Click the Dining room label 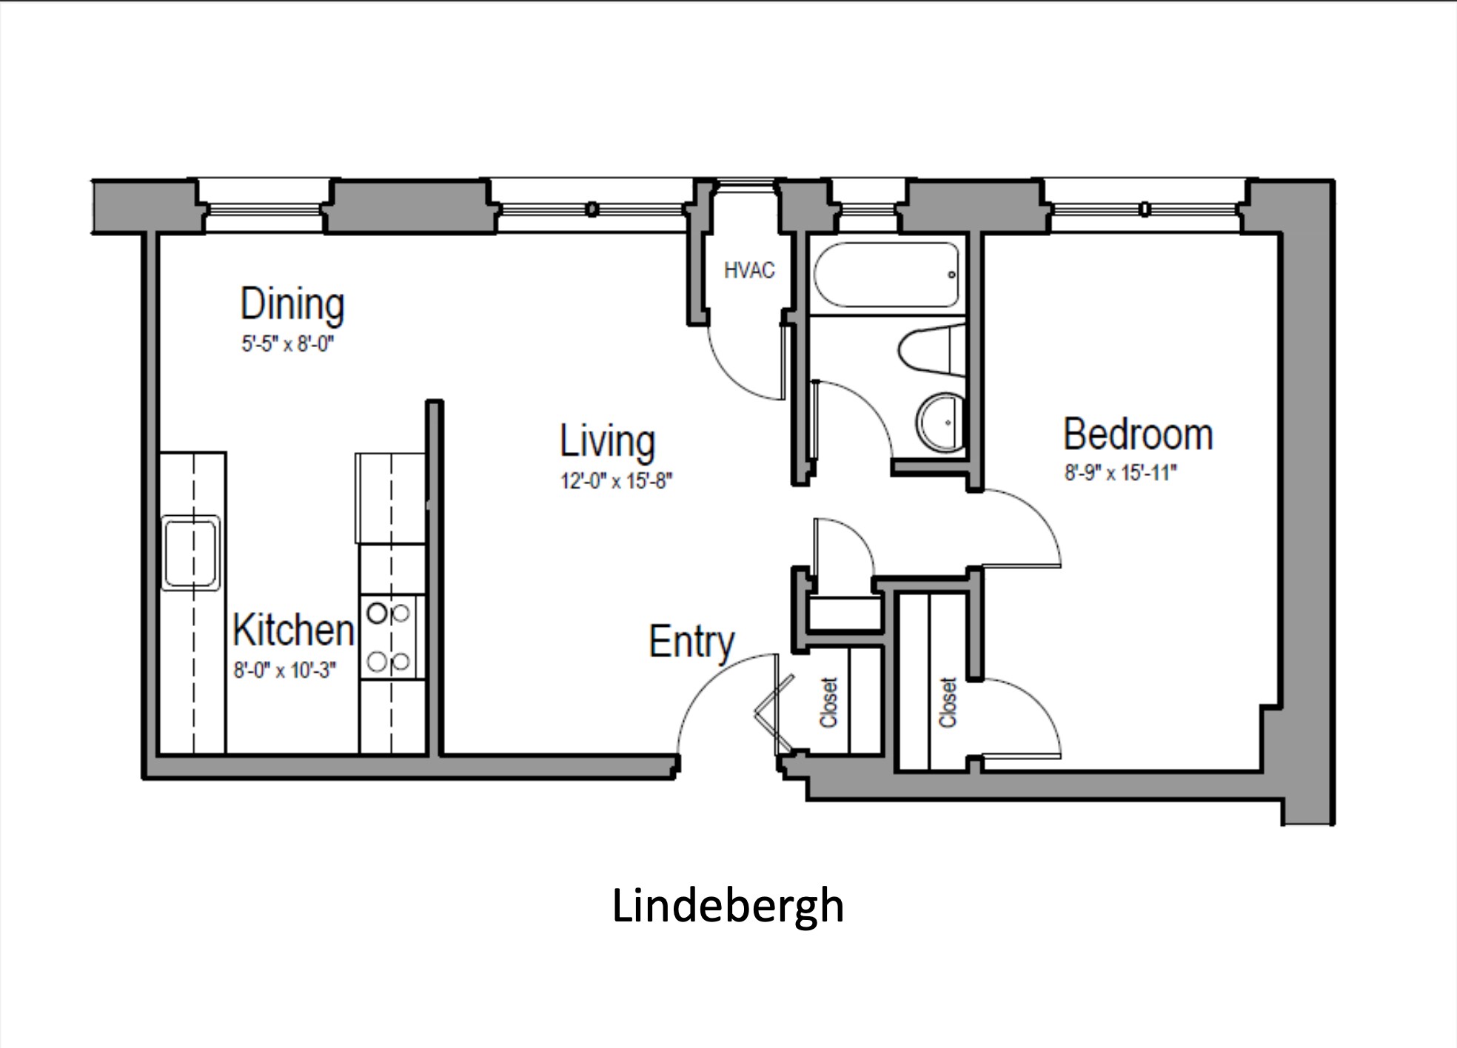pos(292,305)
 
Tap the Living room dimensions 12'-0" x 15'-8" pos(616,481)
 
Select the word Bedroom pos(1138,434)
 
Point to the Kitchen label pos(294,630)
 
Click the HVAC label pos(749,270)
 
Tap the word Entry pos(691,642)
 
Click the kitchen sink pos(191,553)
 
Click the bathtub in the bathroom pos(886,275)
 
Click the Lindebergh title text pos(728,906)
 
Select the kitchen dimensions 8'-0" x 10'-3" pos(285,671)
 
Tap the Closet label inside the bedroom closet pos(948,702)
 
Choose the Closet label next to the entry pos(828,702)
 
